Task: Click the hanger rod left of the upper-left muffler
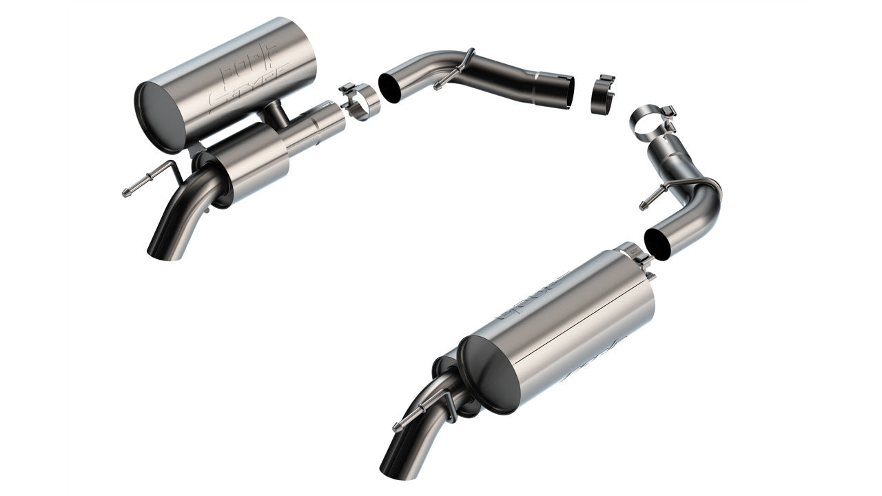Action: [148, 180]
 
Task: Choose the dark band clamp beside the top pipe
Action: [603, 93]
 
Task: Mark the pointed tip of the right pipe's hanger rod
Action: [644, 205]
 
